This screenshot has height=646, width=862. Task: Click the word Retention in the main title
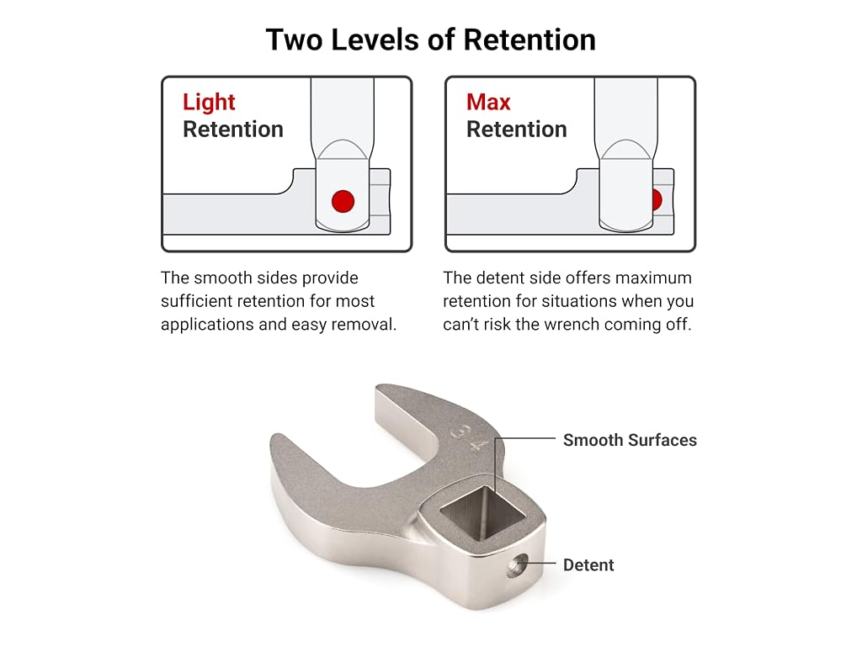click(x=529, y=40)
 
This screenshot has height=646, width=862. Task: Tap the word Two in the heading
click(x=295, y=40)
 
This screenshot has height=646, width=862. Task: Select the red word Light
click(x=209, y=103)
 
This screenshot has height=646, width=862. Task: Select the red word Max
click(x=488, y=102)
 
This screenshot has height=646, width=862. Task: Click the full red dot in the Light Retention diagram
click(x=343, y=201)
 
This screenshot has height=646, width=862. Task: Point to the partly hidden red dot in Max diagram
click(x=657, y=200)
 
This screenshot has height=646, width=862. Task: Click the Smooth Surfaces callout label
click(x=630, y=440)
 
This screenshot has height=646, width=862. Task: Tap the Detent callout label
click(x=588, y=564)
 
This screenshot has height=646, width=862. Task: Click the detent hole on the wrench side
click(x=516, y=565)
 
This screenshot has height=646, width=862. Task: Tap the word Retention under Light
click(x=233, y=130)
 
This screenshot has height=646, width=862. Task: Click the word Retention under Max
click(x=516, y=130)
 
